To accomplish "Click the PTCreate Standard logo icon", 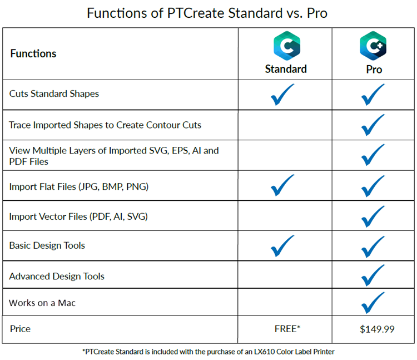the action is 287,46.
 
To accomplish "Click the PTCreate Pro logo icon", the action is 373,46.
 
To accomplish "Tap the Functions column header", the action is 33,53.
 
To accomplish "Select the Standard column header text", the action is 286,69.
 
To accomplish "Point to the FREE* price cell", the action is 287,329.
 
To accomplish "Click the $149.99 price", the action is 377,329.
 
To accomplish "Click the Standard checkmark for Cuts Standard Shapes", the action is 282,95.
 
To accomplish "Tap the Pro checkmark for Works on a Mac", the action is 373,303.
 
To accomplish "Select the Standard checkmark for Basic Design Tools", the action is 282,246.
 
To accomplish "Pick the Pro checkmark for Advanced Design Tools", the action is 373,275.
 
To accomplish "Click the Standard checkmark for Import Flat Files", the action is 282,185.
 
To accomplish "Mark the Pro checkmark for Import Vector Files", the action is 373,216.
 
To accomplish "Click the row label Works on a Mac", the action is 42,303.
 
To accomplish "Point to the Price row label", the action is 20,329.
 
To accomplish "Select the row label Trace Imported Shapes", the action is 105,125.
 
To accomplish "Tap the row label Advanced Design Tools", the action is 57,277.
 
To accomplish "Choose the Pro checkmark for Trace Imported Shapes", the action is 373,125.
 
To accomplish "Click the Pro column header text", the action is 374,70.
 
